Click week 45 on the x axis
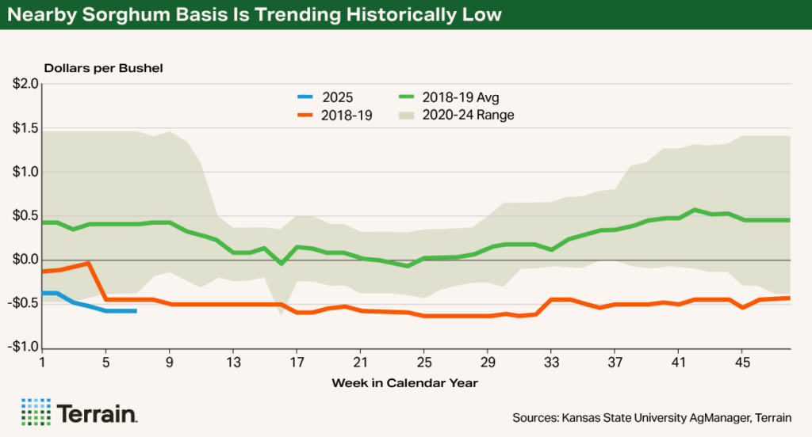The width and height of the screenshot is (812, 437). tap(742, 363)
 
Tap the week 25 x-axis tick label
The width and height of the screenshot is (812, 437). tap(423, 363)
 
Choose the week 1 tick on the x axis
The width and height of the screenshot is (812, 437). tap(42, 363)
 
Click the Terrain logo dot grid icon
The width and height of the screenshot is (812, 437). tap(35, 412)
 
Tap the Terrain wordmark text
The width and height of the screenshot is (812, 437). tap(97, 413)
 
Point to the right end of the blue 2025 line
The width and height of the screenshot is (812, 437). tap(136, 311)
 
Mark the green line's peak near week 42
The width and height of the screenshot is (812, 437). tap(695, 210)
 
